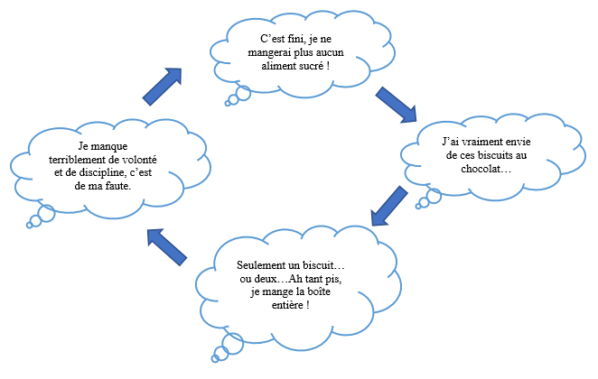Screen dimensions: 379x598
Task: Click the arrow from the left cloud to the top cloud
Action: [163, 86]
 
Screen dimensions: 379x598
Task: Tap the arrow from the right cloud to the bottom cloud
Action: [388, 206]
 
